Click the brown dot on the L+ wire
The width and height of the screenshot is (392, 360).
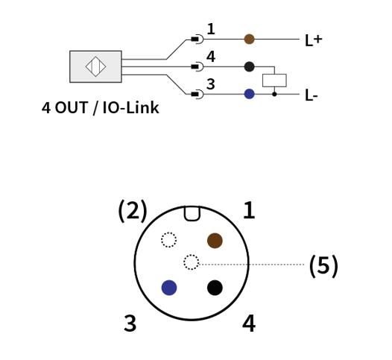(x=249, y=39)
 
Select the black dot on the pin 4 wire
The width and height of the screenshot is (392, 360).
(x=249, y=66)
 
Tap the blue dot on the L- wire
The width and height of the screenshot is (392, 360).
(x=249, y=94)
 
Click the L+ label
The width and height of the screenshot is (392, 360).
(x=314, y=40)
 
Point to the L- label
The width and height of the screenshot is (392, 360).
(x=312, y=95)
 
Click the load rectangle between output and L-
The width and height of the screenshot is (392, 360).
(x=274, y=80)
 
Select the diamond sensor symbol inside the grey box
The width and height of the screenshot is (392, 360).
(x=95, y=66)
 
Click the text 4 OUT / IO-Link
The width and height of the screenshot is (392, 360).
(x=101, y=108)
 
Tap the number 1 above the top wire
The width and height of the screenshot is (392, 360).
(x=211, y=29)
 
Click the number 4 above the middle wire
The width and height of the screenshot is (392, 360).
(x=211, y=57)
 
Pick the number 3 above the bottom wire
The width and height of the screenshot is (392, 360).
(x=211, y=84)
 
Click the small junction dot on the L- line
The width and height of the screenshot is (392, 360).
(x=274, y=94)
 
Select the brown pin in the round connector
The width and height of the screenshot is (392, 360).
(x=215, y=241)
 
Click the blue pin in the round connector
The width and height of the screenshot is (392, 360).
(x=169, y=288)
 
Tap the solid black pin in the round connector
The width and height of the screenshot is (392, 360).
(x=215, y=288)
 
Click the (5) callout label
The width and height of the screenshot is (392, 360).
(x=323, y=266)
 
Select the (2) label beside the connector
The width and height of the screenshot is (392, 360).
(x=133, y=210)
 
